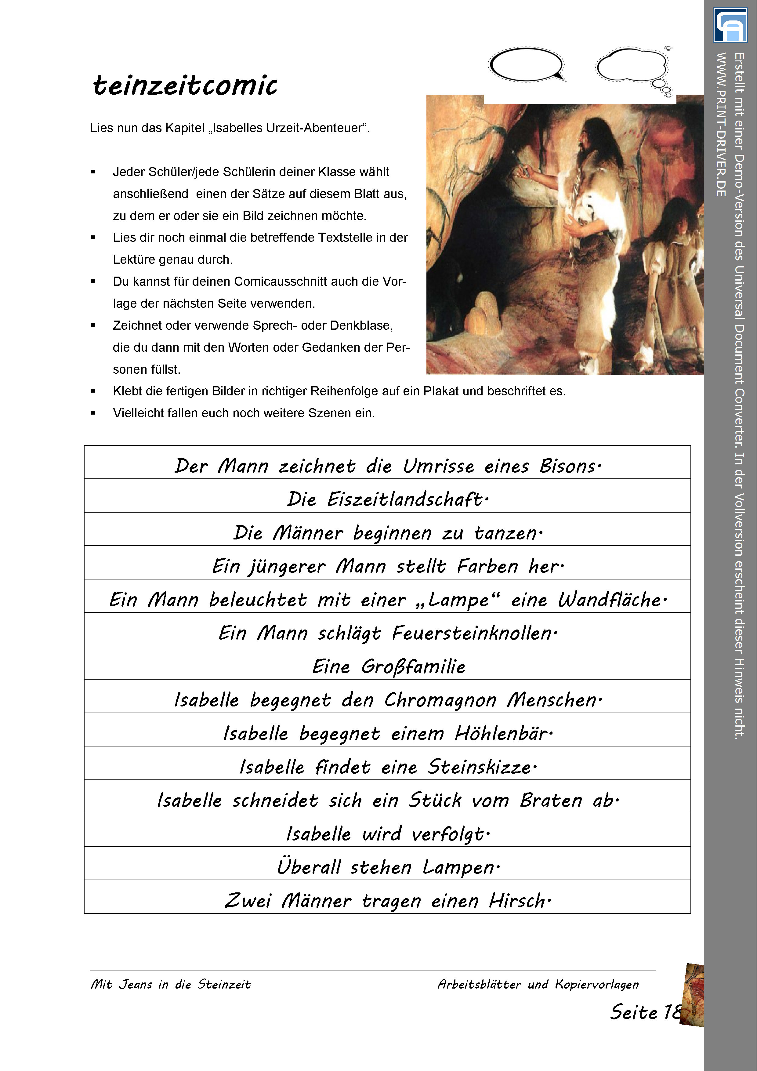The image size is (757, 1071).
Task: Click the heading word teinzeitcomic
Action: click(185, 85)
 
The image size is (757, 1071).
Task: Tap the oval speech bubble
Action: click(526, 65)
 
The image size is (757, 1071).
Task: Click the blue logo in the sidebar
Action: click(730, 25)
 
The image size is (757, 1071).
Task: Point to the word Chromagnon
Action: click(440, 700)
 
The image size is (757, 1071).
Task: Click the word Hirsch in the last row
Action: click(519, 901)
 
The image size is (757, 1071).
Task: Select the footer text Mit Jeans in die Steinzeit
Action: click(171, 984)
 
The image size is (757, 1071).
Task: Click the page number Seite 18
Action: click(646, 1012)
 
